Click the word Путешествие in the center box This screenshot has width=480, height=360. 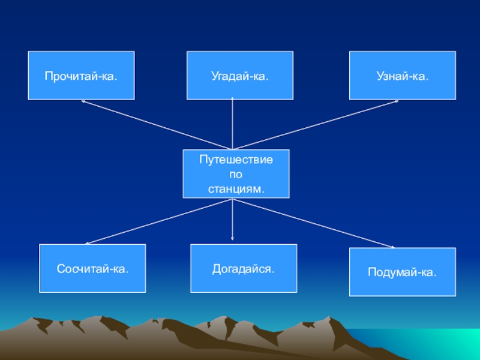[236, 161]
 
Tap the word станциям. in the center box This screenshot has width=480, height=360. [236, 188]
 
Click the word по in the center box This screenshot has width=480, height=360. [236, 175]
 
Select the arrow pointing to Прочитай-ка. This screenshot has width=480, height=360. [156, 125]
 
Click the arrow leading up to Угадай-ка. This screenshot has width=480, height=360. [232, 123]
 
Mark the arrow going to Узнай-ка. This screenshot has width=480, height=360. [315, 125]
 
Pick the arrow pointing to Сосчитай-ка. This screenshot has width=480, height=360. [159, 221]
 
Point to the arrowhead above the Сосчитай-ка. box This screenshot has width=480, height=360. [88, 243]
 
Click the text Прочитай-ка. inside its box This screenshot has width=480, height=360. [81, 77]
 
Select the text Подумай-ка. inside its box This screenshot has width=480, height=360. [403, 273]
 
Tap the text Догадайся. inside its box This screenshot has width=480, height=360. [244, 269]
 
